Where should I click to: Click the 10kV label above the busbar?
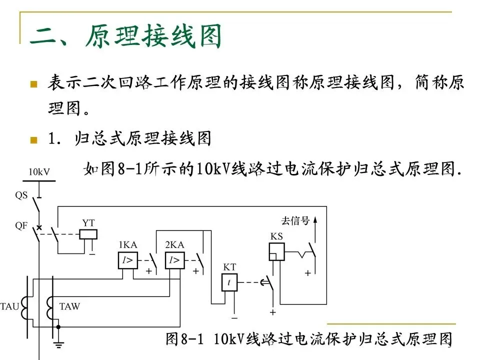(x=38, y=171)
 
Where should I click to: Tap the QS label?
(x=21, y=195)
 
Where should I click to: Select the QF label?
(x=21, y=225)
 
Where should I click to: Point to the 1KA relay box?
(x=127, y=260)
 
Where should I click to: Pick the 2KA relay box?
(x=174, y=260)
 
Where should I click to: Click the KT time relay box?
(x=229, y=282)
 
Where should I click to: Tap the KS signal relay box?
(x=276, y=251)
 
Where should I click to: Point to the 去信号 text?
(x=295, y=220)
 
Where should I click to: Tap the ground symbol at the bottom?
(x=58, y=343)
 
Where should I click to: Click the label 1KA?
(x=127, y=245)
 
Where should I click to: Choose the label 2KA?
(x=174, y=245)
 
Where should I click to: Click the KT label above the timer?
(x=229, y=267)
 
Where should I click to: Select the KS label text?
(x=276, y=236)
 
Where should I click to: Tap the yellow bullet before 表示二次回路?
(x=34, y=83)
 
